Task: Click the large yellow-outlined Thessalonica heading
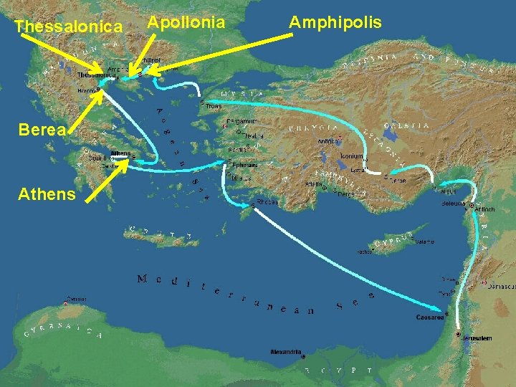pos(68,27)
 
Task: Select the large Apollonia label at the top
pos(186,23)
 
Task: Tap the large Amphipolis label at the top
pos(335,23)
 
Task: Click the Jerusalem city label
pos(476,338)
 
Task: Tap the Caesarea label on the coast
pos(431,317)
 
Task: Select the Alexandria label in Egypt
pos(286,352)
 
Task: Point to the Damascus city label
pos(502,286)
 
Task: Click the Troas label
pos(214,106)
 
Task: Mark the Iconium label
pos(351,156)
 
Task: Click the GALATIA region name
pos(407,126)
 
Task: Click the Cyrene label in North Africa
pos(77,299)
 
